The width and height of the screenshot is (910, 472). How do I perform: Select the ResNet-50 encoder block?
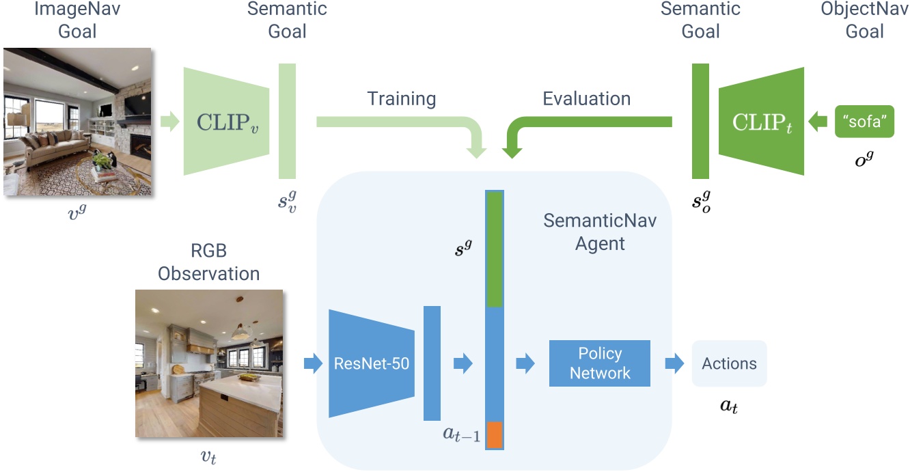pyautogui.click(x=371, y=363)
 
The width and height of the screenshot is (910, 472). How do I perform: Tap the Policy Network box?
pyautogui.click(x=600, y=363)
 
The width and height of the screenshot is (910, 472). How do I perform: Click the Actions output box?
pyautogui.click(x=729, y=363)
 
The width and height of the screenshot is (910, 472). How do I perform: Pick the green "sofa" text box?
pyautogui.click(x=864, y=122)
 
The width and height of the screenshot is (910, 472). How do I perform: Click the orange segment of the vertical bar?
pyautogui.click(x=494, y=435)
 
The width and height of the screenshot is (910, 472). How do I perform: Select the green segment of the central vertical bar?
pyautogui.click(x=494, y=249)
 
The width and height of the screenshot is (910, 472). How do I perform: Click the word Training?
pyautogui.click(x=402, y=98)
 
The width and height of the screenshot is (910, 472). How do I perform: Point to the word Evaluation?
pyautogui.click(x=586, y=98)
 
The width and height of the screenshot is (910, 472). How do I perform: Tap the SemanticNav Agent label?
pyautogui.click(x=600, y=232)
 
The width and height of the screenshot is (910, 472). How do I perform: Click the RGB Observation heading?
pyautogui.click(x=209, y=264)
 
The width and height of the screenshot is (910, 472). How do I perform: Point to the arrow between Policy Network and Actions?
pyautogui.click(x=674, y=363)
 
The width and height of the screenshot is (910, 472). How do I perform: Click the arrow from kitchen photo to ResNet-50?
pyautogui.click(x=312, y=363)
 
